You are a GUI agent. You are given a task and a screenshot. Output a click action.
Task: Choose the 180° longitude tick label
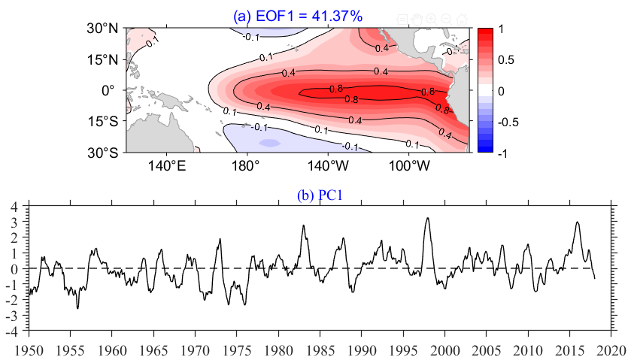247,164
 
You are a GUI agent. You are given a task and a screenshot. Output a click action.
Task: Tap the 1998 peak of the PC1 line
427,218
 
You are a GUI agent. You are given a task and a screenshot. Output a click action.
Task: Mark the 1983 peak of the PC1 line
304,225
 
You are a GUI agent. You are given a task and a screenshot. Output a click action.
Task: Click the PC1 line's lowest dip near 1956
77,308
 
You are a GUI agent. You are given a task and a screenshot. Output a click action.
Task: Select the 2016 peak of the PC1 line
577,222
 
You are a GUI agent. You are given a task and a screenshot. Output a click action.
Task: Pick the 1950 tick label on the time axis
29,350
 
